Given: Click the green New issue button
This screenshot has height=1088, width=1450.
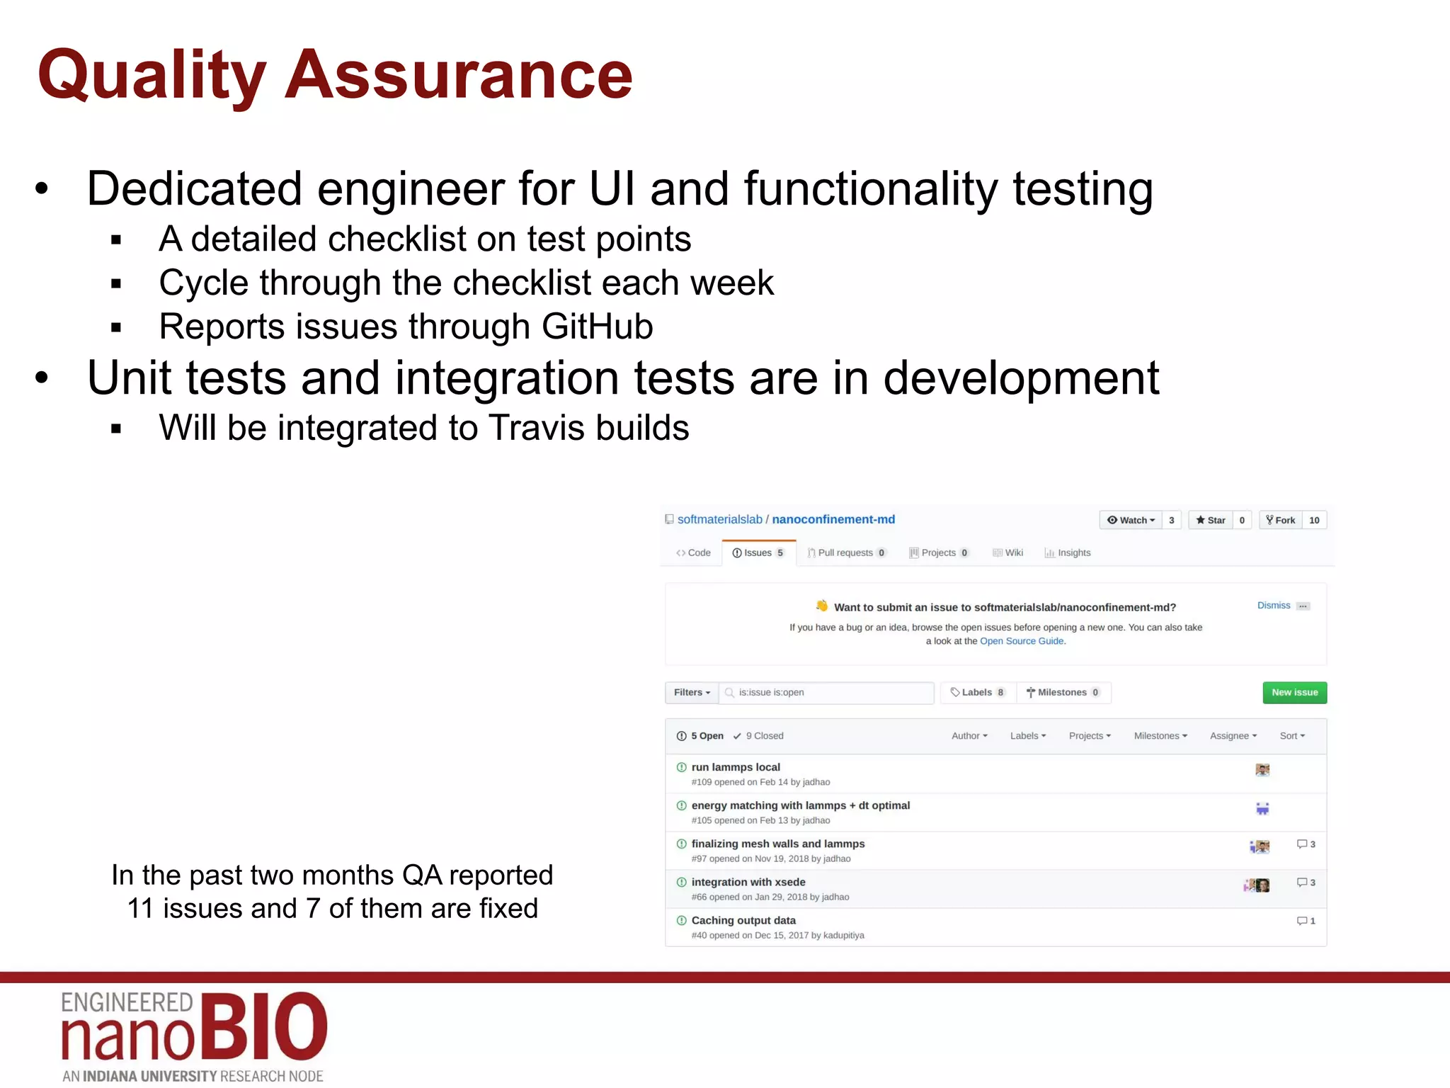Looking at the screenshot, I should pyautogui.click(x=1294, y=692).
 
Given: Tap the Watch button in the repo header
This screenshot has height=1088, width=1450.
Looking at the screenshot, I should pyautogui.click(x=1131, y=520).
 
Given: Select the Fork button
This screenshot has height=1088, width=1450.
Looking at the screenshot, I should pyautogui.click(x=1281, y=520).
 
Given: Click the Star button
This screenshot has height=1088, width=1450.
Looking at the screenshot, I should pyautogui.click(x=1211, y=520).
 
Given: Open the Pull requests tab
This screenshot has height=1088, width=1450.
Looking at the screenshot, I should pyautogui.click(x=846, y=552).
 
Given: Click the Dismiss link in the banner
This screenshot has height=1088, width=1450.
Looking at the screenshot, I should pyautogui.click(x=1273, y=605).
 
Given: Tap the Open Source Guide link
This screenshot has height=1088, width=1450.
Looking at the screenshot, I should pyautogui.click(x=1022, y=641).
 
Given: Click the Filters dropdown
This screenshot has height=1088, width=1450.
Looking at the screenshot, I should pyautogui.click(x=692, y=692).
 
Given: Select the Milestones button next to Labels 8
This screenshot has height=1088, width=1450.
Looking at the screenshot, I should pyautogui.click(x=1063, y=692).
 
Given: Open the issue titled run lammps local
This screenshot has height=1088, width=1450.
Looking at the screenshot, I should pyautogui.click(x=736, y=767).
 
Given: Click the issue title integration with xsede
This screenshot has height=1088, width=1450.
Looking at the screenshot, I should pyautogui.click(x=748, y=882).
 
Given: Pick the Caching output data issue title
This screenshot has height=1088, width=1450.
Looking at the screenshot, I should pyautogui.click(x=743, y=920).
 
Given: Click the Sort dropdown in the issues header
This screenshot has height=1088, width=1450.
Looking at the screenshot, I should pyautogui.click(x=1291, y=736).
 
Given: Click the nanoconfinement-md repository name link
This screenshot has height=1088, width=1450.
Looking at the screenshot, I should pyautogui.click(x=833, y=519).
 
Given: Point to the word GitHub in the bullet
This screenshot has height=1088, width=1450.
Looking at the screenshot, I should pyautogui.click(x=597, y=327).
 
